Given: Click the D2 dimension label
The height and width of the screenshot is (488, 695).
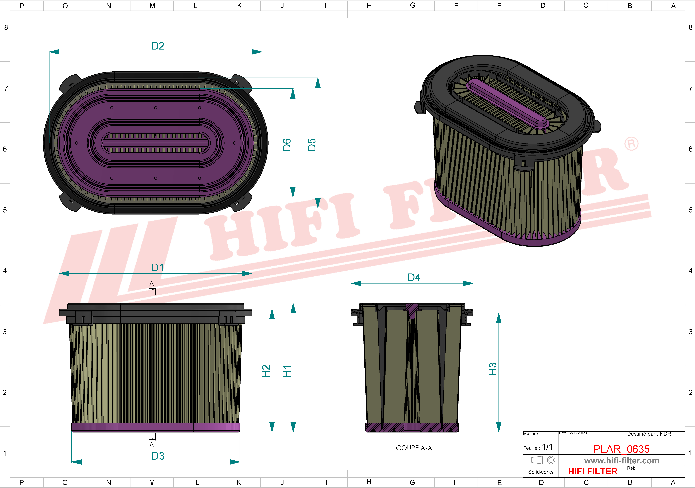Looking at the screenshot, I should pyautogui.click(x=158, y=46).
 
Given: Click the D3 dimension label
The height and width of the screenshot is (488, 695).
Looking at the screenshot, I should pyautogui.click(x=158, y=456).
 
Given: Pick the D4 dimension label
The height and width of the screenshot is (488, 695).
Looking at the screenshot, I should pyautogui.click(x=414, y=278).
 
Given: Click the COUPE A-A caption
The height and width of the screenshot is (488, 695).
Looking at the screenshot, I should pyautogui.click(x=414, y=448).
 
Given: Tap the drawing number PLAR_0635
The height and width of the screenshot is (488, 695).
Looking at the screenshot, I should pyautogui.click(x=621, y=449).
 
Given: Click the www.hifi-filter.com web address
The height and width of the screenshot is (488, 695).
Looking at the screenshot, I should pyautogui.click(x=621, y=461).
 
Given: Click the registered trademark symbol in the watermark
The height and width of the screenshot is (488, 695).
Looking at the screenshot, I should pyautogui.click(x=631, y=144).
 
